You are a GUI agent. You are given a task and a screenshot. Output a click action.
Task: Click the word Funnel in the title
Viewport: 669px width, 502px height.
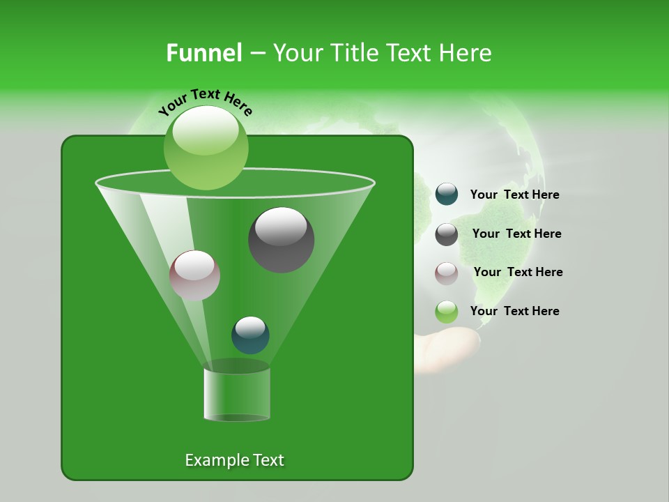click(x=204, y=53)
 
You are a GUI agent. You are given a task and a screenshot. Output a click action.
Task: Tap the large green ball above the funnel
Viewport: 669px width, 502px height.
click(x=206, y=147)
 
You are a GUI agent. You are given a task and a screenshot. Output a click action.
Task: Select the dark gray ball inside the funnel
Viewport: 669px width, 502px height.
click(x=282, y=239)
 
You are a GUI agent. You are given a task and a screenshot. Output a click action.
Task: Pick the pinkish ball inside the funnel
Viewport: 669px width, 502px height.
click(x=194, y=275)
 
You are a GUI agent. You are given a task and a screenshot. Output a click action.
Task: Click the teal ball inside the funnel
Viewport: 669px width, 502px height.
click(x=250, y=335)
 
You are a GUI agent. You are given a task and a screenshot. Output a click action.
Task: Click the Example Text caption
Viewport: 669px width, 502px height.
click(x=234, y=460)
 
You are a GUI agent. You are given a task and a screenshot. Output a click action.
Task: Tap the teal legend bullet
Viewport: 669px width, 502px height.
click(x=447, y=195)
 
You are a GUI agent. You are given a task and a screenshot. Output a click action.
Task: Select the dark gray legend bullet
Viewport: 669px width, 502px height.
click(x=447, y=234)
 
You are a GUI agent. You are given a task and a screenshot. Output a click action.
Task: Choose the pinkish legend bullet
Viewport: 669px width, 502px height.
click(x=447, y=273)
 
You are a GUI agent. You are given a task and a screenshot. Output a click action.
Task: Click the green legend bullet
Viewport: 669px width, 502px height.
click(x=447, y=312)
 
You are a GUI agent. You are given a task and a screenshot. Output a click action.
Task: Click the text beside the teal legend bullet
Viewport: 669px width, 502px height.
click(x=514, y=195)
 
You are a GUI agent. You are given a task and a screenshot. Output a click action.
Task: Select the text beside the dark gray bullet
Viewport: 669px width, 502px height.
click(x=516, y=234)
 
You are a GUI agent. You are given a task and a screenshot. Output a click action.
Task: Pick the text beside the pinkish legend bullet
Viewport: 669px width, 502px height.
click(x=518, y=272)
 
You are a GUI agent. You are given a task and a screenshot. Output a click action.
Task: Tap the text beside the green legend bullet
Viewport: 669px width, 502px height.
click(x=514, y=311)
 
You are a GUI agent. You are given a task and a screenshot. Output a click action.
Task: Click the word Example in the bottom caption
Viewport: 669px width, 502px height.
click(x=215, y=460)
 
